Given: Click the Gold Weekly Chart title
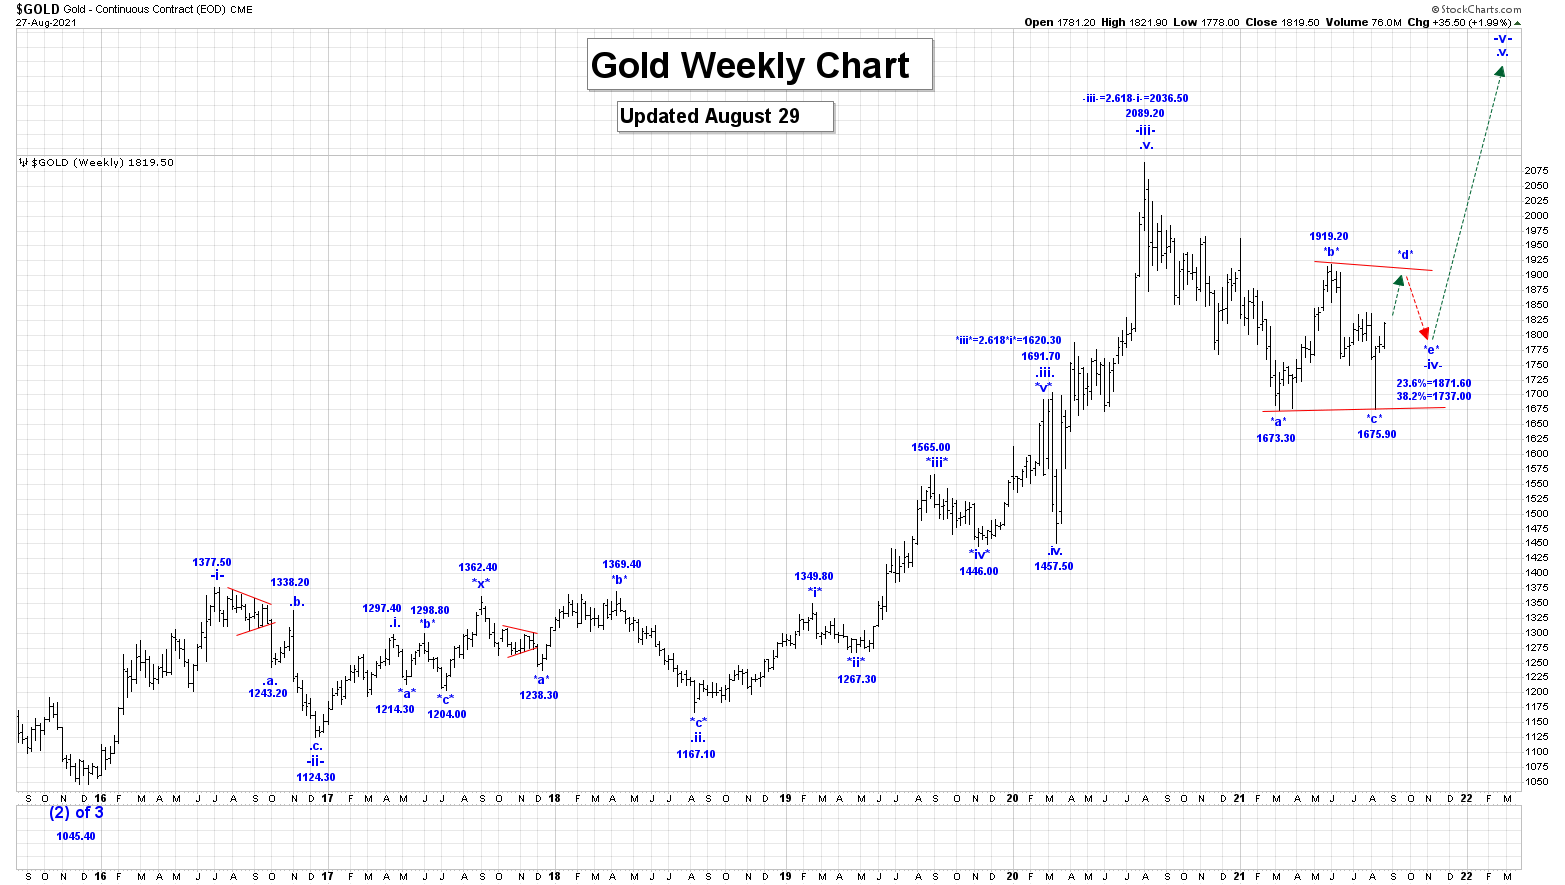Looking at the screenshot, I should (750, 66).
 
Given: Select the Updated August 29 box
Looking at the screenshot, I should (710, 116).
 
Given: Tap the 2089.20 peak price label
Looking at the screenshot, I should (1145, 114).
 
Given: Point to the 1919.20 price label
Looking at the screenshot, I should (1329, 237).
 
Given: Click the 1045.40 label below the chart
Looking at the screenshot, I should (76, 836).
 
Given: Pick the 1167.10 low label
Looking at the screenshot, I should (696, 755).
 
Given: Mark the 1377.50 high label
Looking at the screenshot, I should (212, 563).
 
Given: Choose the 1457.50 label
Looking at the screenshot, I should (1054, 567).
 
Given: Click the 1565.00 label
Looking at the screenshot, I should (931, 448).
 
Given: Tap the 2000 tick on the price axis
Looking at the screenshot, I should (1536, 215).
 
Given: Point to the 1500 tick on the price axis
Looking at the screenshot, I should (1536, 513).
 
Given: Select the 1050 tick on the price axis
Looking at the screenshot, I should (1536, 781).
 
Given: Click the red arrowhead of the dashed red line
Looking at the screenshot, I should (1424, 333).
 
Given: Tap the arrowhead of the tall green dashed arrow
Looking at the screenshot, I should (1500, 70).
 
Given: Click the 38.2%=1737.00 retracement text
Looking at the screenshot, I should (1434, 397).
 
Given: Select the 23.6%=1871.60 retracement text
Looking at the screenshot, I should (1434, 384).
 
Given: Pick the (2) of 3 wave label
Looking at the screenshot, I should (77, 813).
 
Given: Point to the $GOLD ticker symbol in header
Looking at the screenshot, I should (37, 9).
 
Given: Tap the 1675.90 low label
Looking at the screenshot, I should (1377, 435).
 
